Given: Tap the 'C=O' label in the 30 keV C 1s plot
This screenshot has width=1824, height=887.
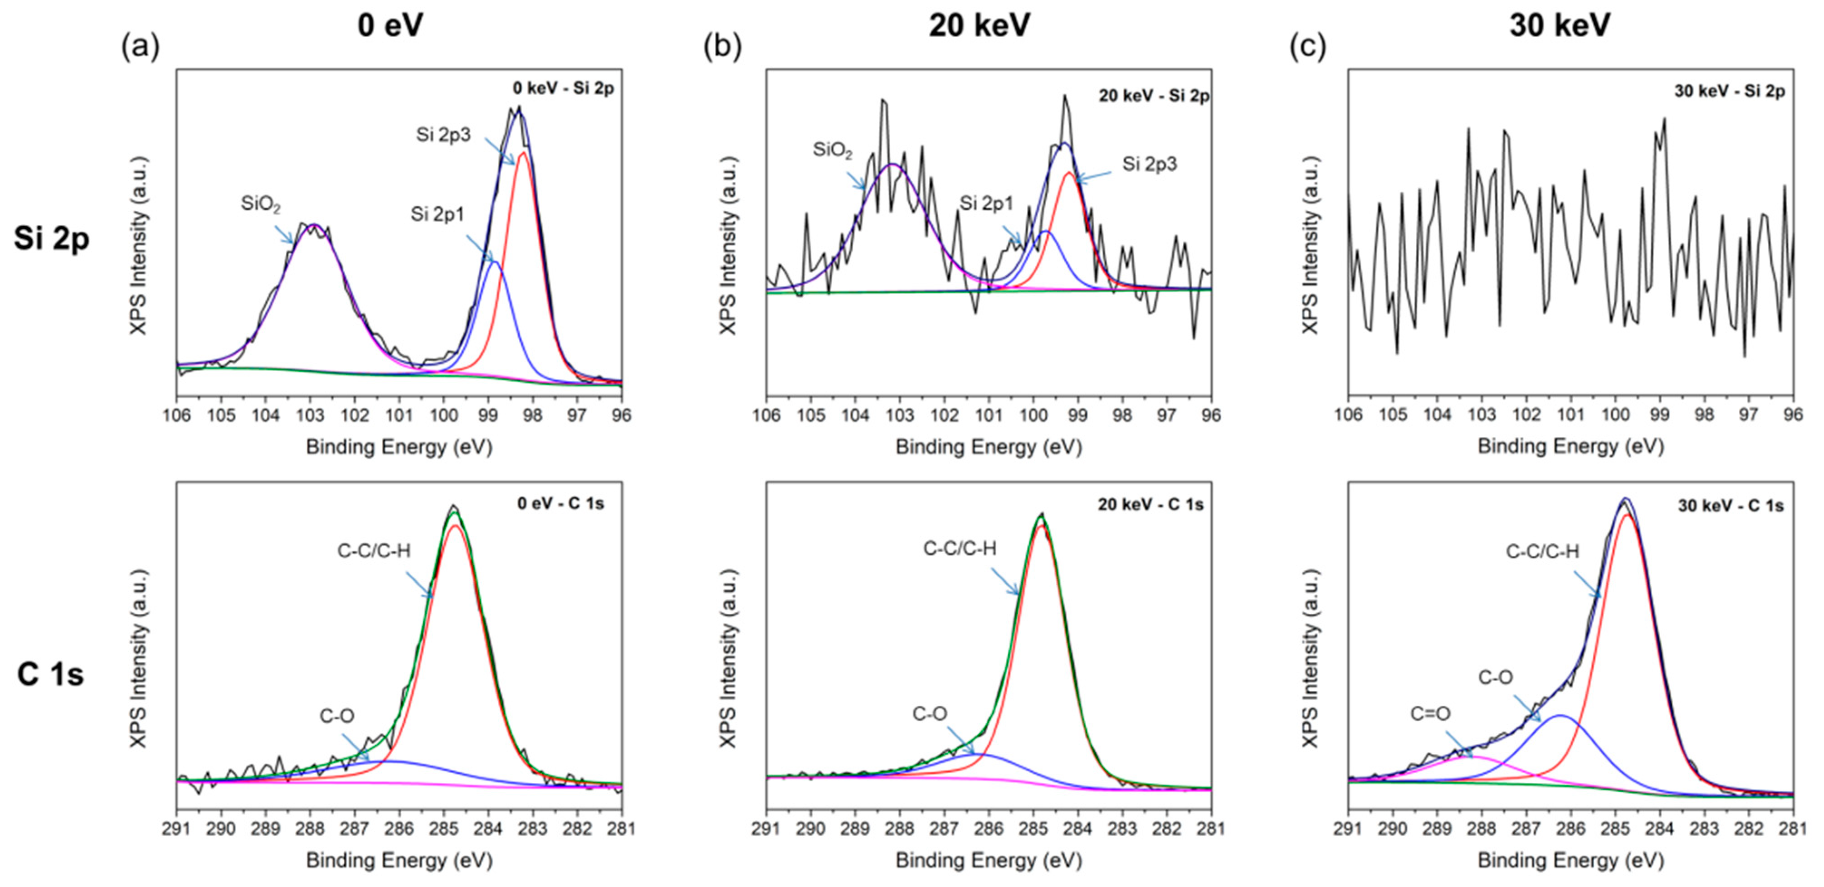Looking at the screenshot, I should pos(1430,713).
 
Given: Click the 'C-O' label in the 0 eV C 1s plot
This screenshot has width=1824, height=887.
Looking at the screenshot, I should pos(337,716).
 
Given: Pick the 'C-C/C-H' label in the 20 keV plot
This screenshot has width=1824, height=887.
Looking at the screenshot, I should pos(960,548).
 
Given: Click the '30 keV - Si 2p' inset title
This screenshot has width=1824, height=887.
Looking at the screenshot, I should pos(1729,91).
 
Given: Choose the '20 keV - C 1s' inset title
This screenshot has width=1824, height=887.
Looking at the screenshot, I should pos(1150,505).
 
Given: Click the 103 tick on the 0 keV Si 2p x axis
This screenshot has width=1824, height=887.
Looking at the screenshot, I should pos(310,415).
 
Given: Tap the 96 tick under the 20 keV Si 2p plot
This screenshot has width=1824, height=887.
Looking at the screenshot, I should pos(1211,415).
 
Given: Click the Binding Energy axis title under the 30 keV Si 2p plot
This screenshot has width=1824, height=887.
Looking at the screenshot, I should pos(1570,446).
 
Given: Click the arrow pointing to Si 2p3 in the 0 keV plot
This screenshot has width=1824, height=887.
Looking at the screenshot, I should pos(499,151).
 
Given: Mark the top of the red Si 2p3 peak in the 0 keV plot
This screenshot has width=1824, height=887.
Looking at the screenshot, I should pos(523,153).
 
